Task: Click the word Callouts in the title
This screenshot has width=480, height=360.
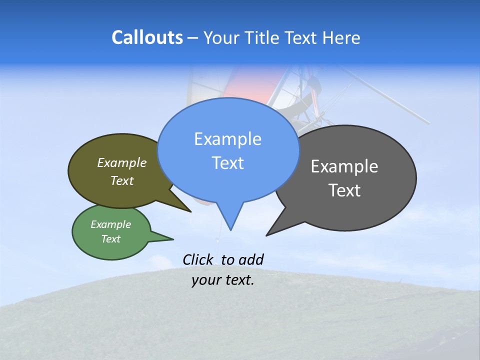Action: tap(147, 37)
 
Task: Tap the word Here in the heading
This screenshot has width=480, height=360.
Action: tap(342, 37)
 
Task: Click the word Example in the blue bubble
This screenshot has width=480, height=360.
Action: tap(227, 139)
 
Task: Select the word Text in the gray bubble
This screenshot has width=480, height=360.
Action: tap(344, 190)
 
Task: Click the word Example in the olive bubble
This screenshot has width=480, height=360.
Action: tap(121, 162)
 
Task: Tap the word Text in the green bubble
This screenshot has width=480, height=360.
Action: tap(110, 239)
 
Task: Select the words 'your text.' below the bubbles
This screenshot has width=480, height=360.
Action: tap(223, 280)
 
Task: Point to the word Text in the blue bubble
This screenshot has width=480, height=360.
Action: tap(227, 163)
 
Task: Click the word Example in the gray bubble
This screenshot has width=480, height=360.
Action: tap(344, 166)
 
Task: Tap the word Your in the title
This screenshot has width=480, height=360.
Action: tap(223, 37)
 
